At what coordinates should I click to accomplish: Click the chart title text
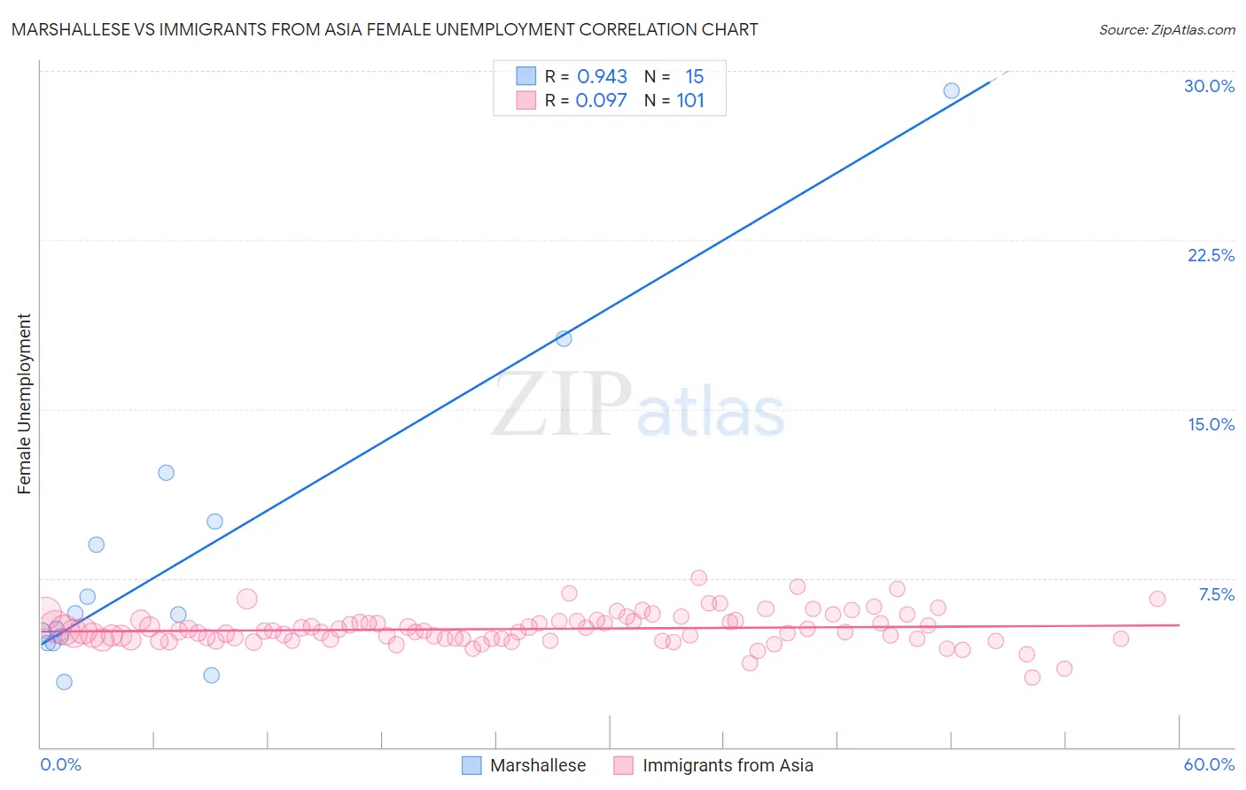tap(385, 29)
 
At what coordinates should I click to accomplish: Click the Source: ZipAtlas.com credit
tap(1166, 29)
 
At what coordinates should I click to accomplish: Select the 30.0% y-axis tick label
tap(1209, 86)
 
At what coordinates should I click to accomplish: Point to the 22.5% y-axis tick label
tap(1211, 255)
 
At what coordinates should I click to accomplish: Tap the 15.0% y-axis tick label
tap(1211, 424)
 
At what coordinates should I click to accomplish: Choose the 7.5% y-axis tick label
tap(1216, 594)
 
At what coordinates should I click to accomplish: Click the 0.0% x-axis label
tap(60, 764)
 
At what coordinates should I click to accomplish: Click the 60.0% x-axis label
tap(1209, 764)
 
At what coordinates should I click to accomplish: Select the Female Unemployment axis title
tap(24, 403)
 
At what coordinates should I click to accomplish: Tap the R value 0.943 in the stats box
tap(602, 77)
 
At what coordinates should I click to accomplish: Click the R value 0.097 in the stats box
tap(601, 100)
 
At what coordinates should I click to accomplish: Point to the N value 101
tap(690, 100)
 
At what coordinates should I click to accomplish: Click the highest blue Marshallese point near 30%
tap(951, 90)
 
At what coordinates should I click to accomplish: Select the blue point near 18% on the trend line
tap(564, 338)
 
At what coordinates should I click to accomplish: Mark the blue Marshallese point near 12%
tap(166, 472)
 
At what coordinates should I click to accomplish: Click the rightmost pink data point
tap(1156, 599)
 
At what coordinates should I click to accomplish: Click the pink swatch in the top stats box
tap(526, 100)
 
